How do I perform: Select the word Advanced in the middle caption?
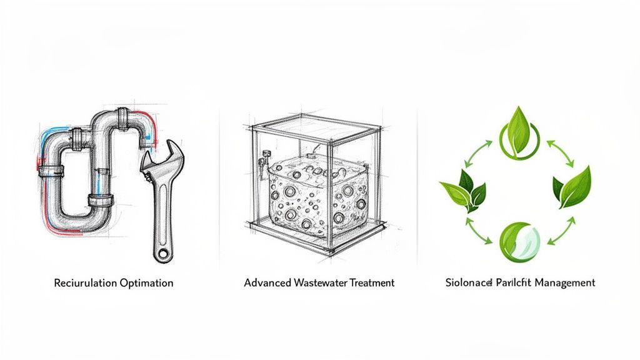[267, 282]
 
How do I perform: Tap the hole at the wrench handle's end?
[162, 252]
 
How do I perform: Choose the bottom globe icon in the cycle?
[518, 240]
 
